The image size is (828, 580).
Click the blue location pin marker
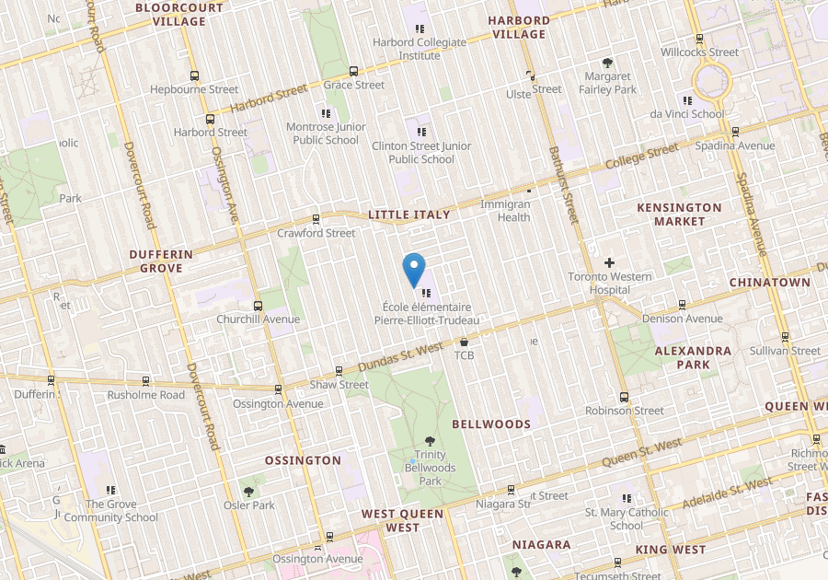click(x=415, y=270)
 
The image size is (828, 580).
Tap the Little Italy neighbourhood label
click(x=409, y=215)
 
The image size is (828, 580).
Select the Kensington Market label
click(x=679, y=215)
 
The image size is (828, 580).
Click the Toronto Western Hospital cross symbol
click(x=609, y=263)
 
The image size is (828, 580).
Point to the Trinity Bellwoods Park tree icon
click(x=430, y=441)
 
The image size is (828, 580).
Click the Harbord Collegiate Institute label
click(x=420, y=49)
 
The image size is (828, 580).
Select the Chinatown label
click(x=770, y=283)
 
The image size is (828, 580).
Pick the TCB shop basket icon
click(x=464, y=342)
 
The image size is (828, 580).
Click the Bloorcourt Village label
click(x=179, y=14)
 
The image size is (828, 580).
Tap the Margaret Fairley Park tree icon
click(x=607, y=63)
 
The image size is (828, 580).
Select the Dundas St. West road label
click(x=402, y=354)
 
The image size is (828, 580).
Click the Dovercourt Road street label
click(x=141, y=184)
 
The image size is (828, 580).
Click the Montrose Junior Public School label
click(x=326, y=133)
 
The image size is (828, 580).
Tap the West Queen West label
click(x=403, y=521)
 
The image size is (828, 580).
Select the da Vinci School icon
click(x=687, y=100)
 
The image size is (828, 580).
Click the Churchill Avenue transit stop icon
click(x=258, y=306)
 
